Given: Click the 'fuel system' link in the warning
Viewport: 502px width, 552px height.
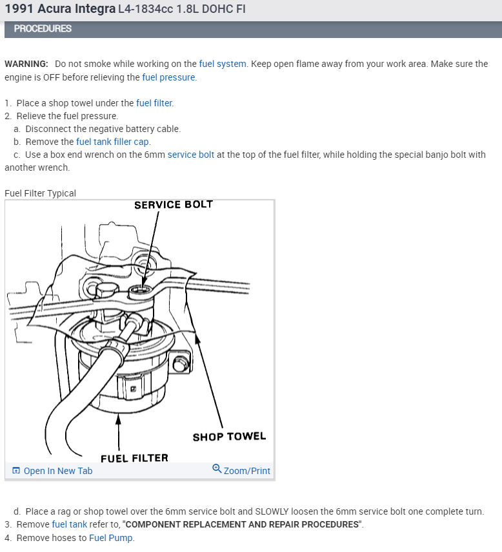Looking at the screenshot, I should click(x=223, y=64).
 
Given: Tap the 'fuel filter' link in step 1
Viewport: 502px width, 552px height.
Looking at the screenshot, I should click(x=154, y=103).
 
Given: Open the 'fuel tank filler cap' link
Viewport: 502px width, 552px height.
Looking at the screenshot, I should click(x=113, y=142).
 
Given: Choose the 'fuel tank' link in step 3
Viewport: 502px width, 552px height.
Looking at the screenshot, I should click(x=69, y=524).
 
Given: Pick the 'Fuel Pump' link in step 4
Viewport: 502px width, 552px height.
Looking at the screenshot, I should click(x=111, y=538).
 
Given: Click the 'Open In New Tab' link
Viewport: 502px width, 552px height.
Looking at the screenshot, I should click(x=57, y=471).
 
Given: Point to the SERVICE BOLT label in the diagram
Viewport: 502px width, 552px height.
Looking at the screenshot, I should click(x=173, y=205).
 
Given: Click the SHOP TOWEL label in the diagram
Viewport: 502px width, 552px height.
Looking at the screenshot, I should click(x=229, y=437).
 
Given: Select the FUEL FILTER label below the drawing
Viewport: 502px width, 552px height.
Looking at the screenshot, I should click(x=134, y=458).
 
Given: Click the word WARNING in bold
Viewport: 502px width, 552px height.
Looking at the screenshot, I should click(x=26, y=64).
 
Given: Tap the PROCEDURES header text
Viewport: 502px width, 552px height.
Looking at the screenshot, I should click(x=43, y=29).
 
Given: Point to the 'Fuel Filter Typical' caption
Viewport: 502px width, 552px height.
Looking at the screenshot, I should click(x=40, y=193).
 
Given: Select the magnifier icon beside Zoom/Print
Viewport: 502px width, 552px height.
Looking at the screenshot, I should click(x=217, y=470).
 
